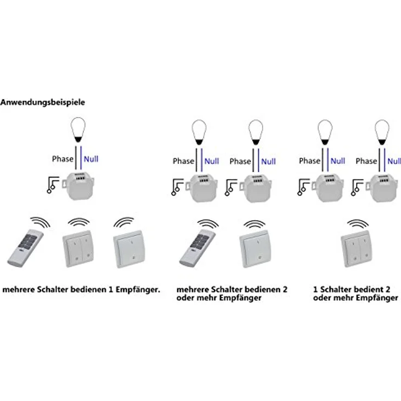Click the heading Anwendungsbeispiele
(x=43, y=102)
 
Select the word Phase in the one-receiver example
(x=63, y=159)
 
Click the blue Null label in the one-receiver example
(x=91, y=159)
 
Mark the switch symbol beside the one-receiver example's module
(x=53, y=185)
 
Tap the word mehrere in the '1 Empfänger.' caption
(x=20, y=289)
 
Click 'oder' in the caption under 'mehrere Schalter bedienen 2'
(x=185, y=299)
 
